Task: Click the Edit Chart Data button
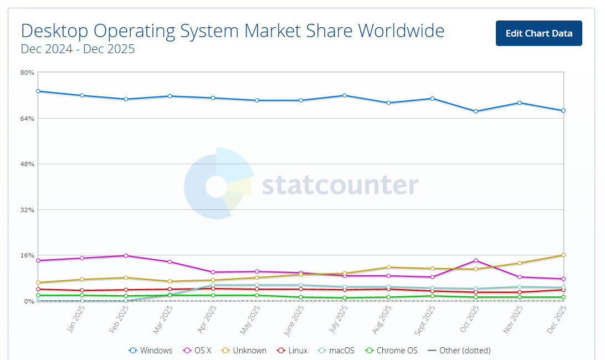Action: tap(539, 33)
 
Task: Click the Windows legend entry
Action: tap(151, 351)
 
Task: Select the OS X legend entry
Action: tap(197, 351)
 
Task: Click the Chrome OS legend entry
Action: tap(391, 351)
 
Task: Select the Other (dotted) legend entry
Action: tap(459, 351)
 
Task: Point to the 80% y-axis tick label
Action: tap(28, 73)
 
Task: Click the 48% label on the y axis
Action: tap(28, 164)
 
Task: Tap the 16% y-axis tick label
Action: tap(28, 255)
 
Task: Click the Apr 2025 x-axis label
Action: tap(207, 320)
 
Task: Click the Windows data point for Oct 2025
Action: tap(475, 111)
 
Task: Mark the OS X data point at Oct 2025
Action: tap(475, 260)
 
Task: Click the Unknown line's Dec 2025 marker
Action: tap(563, 255)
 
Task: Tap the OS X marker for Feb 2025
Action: tap(126, 255)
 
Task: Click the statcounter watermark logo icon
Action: tap(218, 184)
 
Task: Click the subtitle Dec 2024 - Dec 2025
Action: tap(78, 49)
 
